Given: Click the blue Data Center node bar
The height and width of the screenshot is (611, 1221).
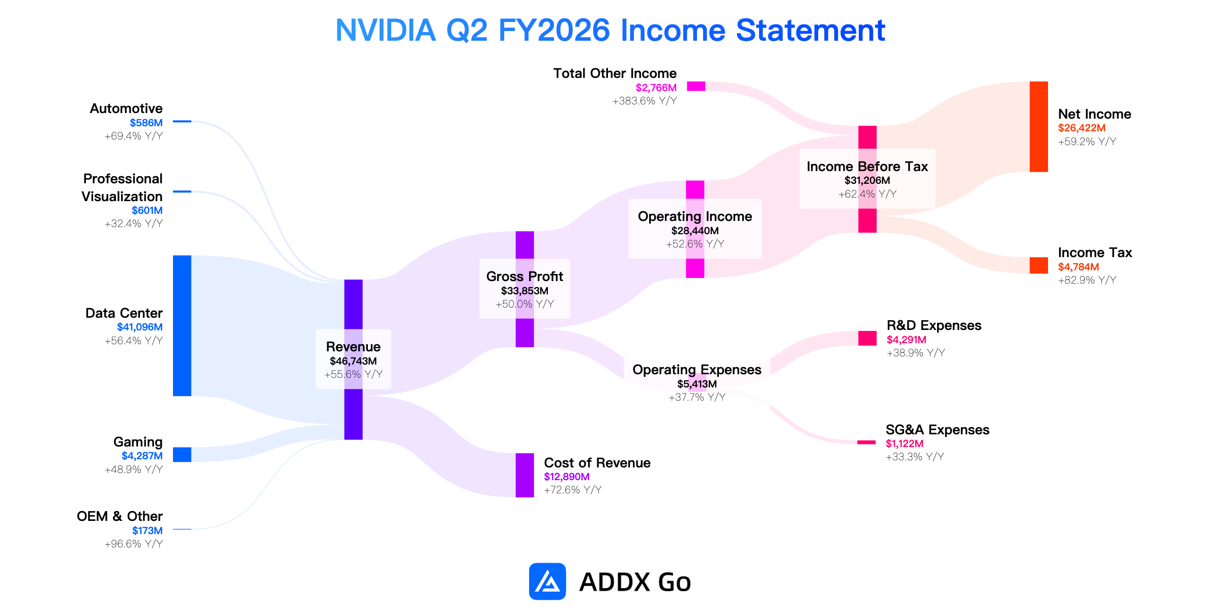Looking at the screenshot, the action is pos(182,326).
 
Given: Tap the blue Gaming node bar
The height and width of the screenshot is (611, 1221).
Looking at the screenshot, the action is pos(182,455).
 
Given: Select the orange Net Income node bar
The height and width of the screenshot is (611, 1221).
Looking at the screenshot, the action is pos(1039,127).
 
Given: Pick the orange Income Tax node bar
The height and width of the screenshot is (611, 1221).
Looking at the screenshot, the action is pos(1039,265).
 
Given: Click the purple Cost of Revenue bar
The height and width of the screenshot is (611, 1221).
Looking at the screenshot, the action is pos(525,475).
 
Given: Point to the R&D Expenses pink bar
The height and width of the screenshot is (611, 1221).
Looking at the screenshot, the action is pos(867,338).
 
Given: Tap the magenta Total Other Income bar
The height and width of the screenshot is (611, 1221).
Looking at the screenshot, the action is pos(696,86).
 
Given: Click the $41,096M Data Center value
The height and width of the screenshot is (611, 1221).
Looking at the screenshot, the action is pos(140,327).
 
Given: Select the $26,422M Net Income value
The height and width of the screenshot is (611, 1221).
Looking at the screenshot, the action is pos(1082,128).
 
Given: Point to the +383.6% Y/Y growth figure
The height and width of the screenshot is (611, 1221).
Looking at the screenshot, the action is pos(645,101).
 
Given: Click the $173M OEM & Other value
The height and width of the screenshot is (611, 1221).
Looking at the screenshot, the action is pos(148,531).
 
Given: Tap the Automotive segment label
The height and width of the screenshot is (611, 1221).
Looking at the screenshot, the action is pos(126,108).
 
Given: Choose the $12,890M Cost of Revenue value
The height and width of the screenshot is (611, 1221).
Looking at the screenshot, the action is pos(567,477).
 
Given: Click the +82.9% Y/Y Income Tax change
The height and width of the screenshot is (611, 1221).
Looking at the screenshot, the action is pos(1087,280).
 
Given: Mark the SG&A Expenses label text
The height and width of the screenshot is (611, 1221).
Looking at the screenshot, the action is pos(938,430).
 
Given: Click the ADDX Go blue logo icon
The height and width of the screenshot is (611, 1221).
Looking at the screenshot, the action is pos(547,581).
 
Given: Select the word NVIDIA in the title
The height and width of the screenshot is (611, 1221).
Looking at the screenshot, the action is pos(386,30).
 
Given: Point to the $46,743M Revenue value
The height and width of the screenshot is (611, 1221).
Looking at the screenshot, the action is pos(354,362).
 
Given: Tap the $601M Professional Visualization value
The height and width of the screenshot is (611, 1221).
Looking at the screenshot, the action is pos(148,211).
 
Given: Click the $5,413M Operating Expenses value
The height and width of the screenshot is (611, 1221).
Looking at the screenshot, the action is pos(697,384).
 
